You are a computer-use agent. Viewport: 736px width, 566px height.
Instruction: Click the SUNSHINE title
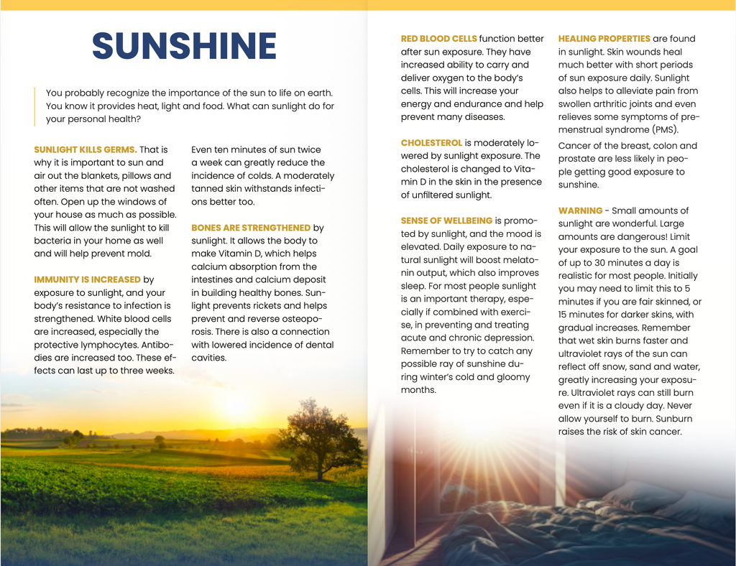coord(184,47)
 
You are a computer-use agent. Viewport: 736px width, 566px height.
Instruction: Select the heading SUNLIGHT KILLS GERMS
coord(85,149)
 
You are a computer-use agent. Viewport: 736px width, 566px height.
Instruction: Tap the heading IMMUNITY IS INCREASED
coord(87,279)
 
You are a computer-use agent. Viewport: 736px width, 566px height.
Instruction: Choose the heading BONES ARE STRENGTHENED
coord(251,228)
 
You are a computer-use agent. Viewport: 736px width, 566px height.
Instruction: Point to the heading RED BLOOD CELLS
coord(438,39)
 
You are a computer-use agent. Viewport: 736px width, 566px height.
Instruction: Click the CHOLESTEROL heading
coord(431,143)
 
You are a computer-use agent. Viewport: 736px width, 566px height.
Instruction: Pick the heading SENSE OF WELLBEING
coord(446,221)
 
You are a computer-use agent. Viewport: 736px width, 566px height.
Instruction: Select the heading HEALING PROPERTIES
coord(604,39)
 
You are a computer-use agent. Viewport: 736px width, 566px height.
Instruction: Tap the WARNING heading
coord(580,210)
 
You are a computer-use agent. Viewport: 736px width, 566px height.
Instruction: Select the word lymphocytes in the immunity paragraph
coord(105,345)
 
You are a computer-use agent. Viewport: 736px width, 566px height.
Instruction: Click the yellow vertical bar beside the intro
coord(34,106)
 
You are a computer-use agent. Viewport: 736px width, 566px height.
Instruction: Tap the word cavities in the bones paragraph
coord(208,358)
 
